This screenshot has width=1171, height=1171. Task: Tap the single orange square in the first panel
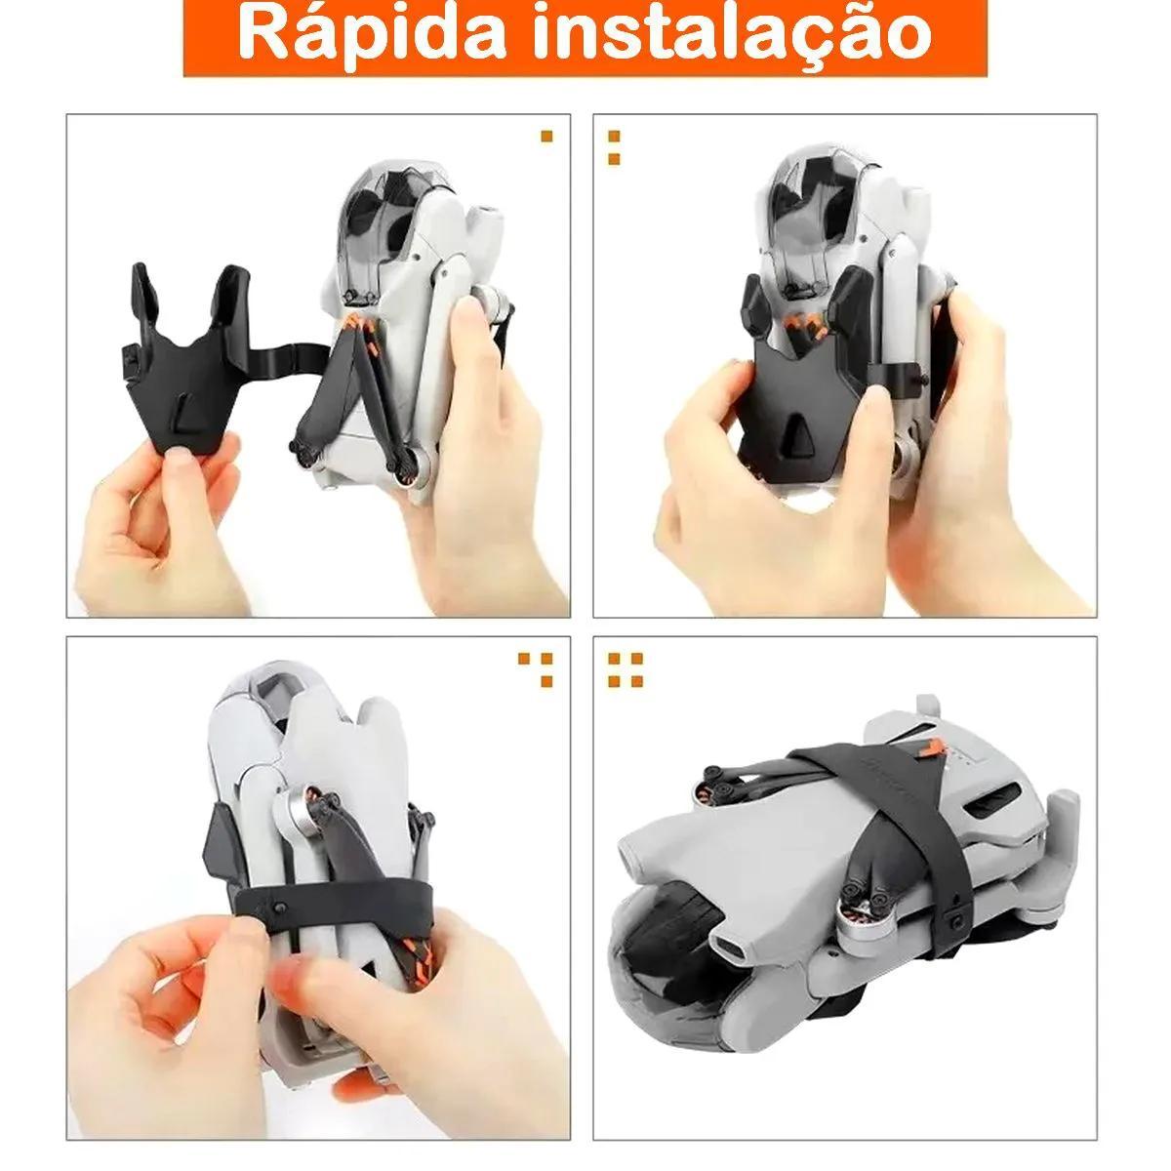pyautogui.click(x=546, y=136)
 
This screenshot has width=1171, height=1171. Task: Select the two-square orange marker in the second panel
pyautogui.click(x=614, y=147)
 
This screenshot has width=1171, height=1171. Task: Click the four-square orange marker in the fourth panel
pyautogui.click(x=626, y=669)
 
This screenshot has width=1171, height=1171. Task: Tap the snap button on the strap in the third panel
pyautogui.click(x=279, y=925)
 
